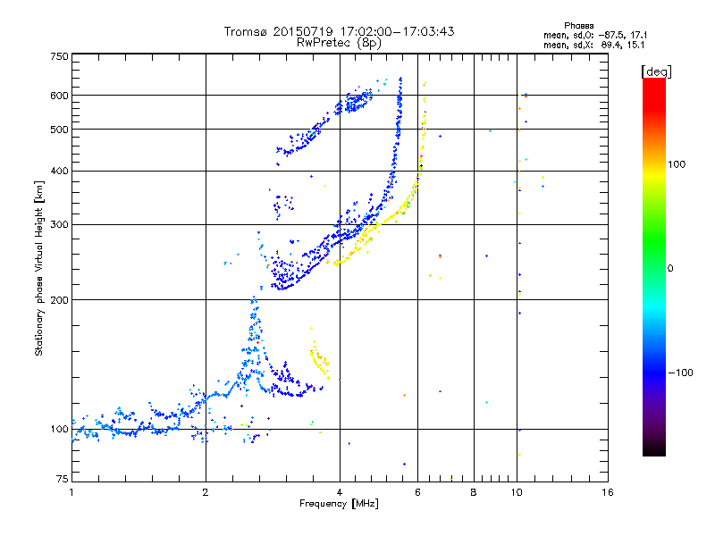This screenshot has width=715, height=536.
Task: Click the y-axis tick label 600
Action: coord(60,96)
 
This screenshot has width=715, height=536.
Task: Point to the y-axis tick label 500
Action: coord(60,130)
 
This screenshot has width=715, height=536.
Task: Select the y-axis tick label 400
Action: coord(60,171)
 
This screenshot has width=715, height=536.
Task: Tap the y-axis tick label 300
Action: coord(60,224)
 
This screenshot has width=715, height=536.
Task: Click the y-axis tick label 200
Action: coord(60,300)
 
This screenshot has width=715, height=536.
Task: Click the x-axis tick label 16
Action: coord(607,492)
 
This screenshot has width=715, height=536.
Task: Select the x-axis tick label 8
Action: coord(474,492)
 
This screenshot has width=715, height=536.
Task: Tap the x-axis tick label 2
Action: coord(206,492)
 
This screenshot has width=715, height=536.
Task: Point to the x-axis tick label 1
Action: coord(71,492)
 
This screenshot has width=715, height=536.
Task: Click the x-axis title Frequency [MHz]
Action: coord(339,504)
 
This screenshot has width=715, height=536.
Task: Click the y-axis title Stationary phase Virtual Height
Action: coord(39,269)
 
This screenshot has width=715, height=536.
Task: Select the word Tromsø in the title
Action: coord(247,31)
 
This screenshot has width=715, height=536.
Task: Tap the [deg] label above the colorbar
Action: coord(656,71)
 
